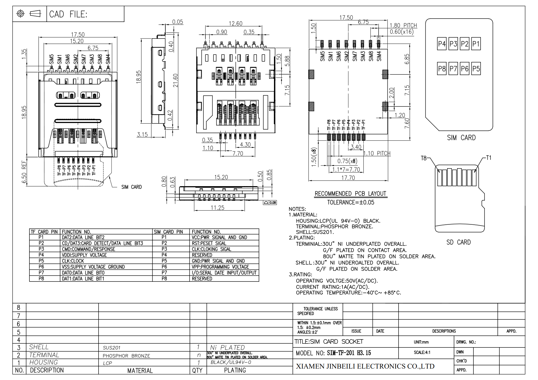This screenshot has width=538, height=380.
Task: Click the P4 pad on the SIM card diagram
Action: coord(442,44)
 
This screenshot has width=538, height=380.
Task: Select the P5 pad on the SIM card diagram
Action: coord(476,69)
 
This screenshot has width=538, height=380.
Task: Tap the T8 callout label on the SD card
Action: coord(423,158)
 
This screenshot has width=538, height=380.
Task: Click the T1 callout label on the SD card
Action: coord(489,158)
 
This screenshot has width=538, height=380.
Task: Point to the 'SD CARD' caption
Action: coord(458,242)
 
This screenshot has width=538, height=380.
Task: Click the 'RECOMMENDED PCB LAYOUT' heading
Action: coord(350,194)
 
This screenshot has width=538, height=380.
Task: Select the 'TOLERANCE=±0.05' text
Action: coord(351,202)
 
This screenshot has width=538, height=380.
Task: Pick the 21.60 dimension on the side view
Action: coord(175,81)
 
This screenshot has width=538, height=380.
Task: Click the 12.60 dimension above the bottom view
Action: coord(235,23)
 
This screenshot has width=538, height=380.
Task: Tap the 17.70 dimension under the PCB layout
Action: coord(348,178)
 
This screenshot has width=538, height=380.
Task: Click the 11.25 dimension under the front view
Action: coord(217,208)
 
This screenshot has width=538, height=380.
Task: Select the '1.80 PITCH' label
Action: coord(403,25)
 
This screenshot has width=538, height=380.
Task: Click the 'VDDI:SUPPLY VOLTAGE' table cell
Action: coord(84,255)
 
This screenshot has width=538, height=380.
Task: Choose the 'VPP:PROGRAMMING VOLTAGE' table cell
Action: coord(220,267)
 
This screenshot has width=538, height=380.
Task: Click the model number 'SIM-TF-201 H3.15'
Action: coord(349,353)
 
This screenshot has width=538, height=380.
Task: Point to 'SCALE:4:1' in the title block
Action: coord(422,352)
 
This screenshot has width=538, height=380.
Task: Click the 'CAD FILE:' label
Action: coord(68,14)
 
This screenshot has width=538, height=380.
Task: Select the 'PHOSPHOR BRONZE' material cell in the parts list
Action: coord(126,356)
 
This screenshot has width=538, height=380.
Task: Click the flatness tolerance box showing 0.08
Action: coord(270,203)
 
